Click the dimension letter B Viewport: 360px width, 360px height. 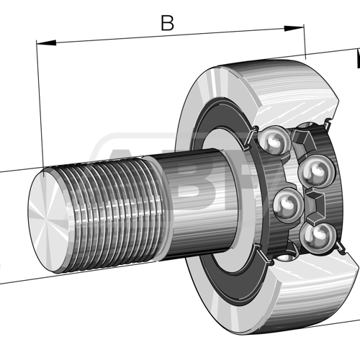(167, 23)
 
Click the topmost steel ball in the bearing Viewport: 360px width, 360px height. (275, 141)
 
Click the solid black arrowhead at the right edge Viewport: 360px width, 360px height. (356, 60)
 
